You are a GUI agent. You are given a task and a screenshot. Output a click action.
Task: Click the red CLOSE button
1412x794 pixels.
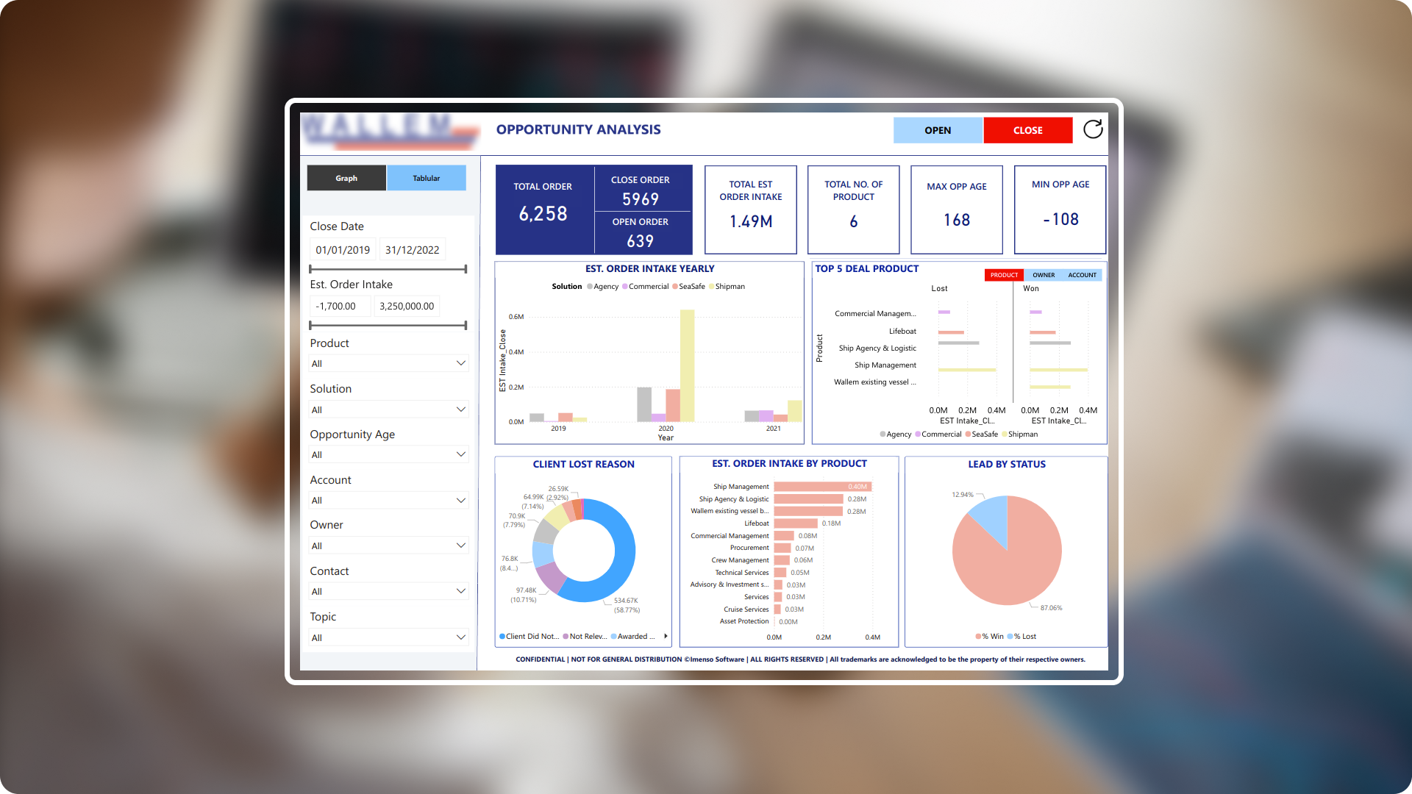1027,130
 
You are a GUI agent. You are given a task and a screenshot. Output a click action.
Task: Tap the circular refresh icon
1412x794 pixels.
1093,129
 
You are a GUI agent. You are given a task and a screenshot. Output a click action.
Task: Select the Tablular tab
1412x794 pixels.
426,178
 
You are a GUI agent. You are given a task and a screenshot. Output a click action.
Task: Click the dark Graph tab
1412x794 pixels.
346,178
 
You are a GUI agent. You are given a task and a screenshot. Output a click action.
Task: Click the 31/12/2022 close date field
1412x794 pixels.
412,250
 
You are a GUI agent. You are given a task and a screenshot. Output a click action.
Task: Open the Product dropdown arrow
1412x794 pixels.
461,363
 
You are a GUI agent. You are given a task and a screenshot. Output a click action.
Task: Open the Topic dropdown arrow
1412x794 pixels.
461,637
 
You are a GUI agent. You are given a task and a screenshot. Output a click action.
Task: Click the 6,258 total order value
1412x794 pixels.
543,213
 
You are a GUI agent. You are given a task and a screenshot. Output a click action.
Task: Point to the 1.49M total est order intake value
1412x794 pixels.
750,221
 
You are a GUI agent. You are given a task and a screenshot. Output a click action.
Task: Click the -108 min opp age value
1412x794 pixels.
1060,219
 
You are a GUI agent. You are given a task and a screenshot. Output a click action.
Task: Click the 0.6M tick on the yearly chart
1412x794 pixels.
516,317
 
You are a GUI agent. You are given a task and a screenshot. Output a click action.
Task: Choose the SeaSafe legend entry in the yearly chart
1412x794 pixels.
691,287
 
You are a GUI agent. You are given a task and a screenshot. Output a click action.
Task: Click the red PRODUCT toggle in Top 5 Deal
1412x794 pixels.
1003,275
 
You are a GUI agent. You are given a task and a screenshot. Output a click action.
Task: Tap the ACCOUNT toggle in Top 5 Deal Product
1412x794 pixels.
1081,275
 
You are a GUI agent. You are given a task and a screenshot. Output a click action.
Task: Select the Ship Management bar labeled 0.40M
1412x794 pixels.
821,487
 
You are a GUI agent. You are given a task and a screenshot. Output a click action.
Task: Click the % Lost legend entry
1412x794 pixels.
1024,637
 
